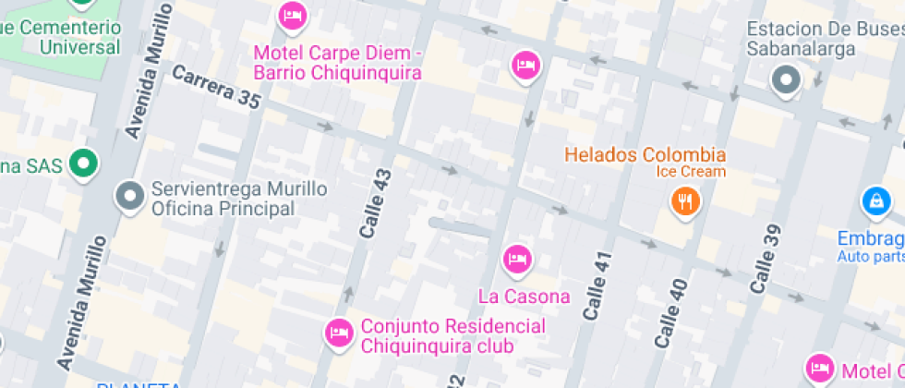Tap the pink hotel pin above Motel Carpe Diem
point(293,15)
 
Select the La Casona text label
point(524,297)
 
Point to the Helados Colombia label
point(645,154)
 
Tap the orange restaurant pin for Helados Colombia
point(684,200)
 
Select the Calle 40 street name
point(671,313)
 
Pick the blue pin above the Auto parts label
point(874,199)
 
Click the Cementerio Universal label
point(63,37)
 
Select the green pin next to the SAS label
point(86,164)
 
